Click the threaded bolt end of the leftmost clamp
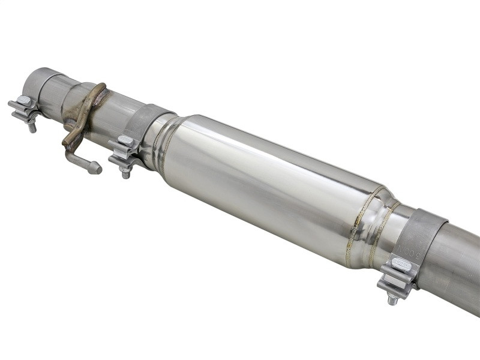tap(32, 127)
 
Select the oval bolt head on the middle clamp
tap(126, 142)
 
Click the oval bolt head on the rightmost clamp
tap(401, 263)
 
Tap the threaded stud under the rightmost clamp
tap(392, 298)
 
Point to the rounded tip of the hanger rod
tap(95, 169)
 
